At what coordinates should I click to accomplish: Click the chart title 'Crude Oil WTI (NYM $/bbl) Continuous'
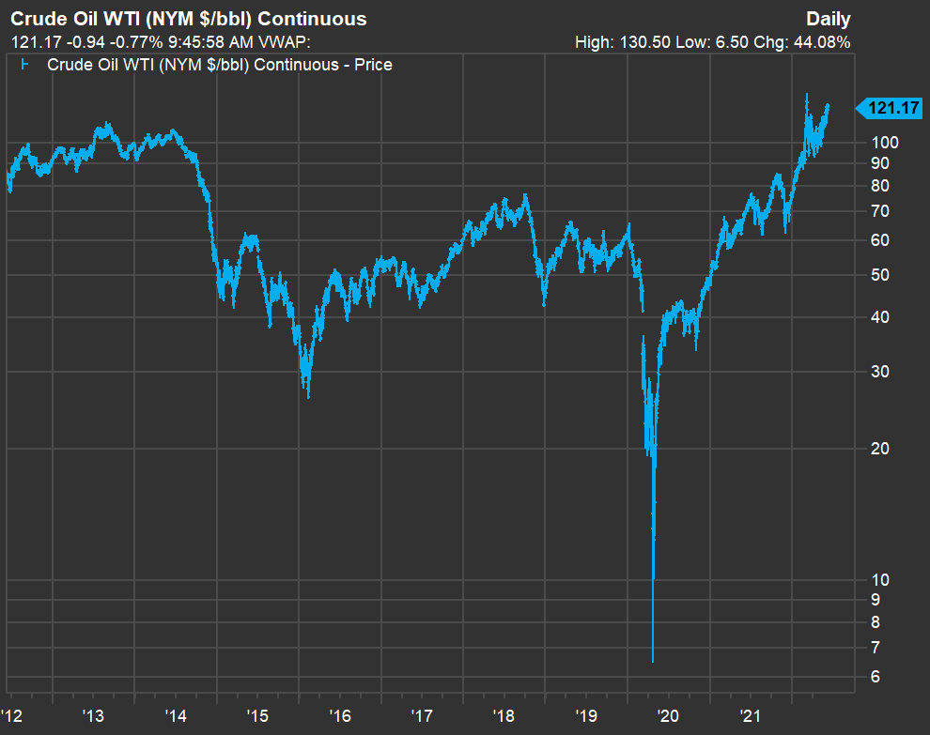(188, 19)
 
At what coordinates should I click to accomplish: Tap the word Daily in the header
(828, 19)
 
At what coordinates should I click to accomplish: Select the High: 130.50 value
(628, 42)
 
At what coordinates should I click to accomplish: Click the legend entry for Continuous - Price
(219, 65)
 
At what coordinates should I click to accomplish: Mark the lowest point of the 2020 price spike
(653, 661)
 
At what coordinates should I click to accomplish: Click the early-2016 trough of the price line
(308, 396)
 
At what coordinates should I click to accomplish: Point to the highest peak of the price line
(807, 94)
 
